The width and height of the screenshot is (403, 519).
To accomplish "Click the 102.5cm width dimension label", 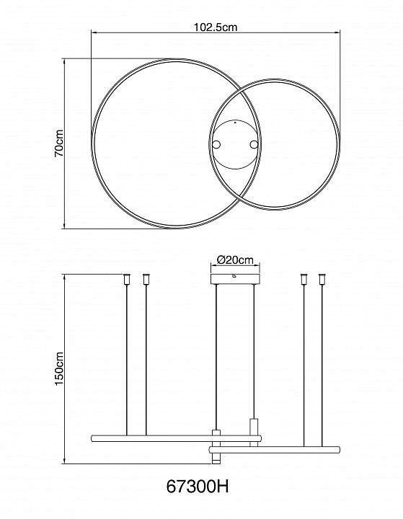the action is pyautogui.click(x=216, y=27).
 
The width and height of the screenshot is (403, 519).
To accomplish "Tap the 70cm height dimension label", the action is pyautogui.click(x=60, y=143).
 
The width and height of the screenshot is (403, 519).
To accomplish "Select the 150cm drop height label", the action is pyautogui.click(x=60, y=369).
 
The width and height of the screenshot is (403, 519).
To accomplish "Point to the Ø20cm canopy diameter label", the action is pyautogui.click(x=235, y=259).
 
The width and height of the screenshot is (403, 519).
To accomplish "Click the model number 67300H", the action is pyautogui.click(x=198, y=487).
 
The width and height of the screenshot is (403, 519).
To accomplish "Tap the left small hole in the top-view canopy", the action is pyautogui.click(x=216, y=144).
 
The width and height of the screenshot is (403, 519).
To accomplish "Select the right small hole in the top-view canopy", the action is pyautogui.click(x=254, y=144).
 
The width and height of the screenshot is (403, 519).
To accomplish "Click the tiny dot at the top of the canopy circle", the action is pyautogui.click(x=235, y=123).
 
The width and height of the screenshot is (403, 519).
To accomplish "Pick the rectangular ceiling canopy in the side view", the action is pyautogui.click(x=235, y=279).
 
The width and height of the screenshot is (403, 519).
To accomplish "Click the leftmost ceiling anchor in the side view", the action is pyautogui.click(x=127, y=279).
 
